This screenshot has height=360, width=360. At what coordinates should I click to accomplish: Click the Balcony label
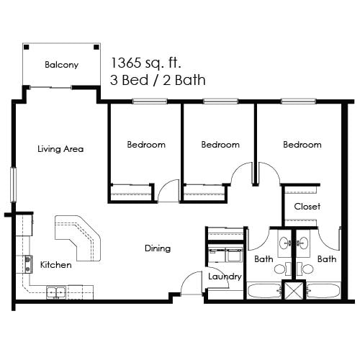(x=61, y=65)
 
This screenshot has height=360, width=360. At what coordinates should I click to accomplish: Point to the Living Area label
(x=60, y=150)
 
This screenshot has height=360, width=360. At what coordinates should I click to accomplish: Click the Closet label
(x=307, y=206)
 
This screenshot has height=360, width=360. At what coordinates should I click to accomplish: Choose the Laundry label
(x=224, y=276)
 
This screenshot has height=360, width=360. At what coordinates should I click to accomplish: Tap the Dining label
(x=157, y=248)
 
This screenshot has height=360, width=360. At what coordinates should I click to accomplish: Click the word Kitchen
(x=55, y=265)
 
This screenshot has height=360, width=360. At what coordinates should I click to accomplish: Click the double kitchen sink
(x=57, y=292)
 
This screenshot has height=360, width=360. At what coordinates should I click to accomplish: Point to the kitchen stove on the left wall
(x=27, y=264)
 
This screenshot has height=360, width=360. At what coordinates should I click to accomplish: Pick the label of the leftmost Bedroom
(x=146, y=145)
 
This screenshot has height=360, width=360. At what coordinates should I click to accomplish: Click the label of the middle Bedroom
(x=220, y=145)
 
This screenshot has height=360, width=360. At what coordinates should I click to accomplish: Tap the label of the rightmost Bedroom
(x=302, y=145)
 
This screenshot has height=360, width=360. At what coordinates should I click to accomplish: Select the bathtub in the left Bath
(x=265, y=292)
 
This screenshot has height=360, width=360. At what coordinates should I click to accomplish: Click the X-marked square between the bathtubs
(x=294, y=291)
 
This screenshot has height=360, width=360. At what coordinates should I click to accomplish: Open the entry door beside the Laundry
(x=190, y=285)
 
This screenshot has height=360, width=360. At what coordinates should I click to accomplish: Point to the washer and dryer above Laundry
(x=225, y=256)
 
